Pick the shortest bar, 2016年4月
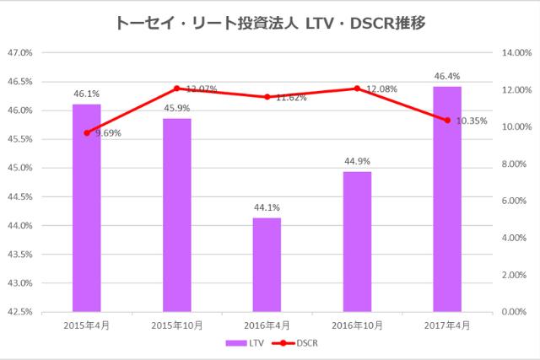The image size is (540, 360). pyautogui.click(x=267, y=265)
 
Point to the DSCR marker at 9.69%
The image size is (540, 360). pyautogui.click(x=86, y=132)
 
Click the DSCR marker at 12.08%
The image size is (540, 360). pyautogui.click(x=357, y=89)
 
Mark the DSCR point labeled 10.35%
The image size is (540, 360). pyautogui.click(x=447, y=121)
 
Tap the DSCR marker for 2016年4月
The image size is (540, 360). pyautogui.click(x=267, y=97)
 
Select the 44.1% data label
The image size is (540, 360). pyautogui.click(x=267, y=207)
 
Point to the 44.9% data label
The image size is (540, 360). pyautogui.click(x=357, y=161)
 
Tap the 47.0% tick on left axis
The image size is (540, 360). pyautogui.click(x=19, y=52)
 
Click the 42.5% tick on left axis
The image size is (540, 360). pyautogui.click(x=19, y=312)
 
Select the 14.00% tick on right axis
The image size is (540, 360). pyautogui.click(x=516, y=52)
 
